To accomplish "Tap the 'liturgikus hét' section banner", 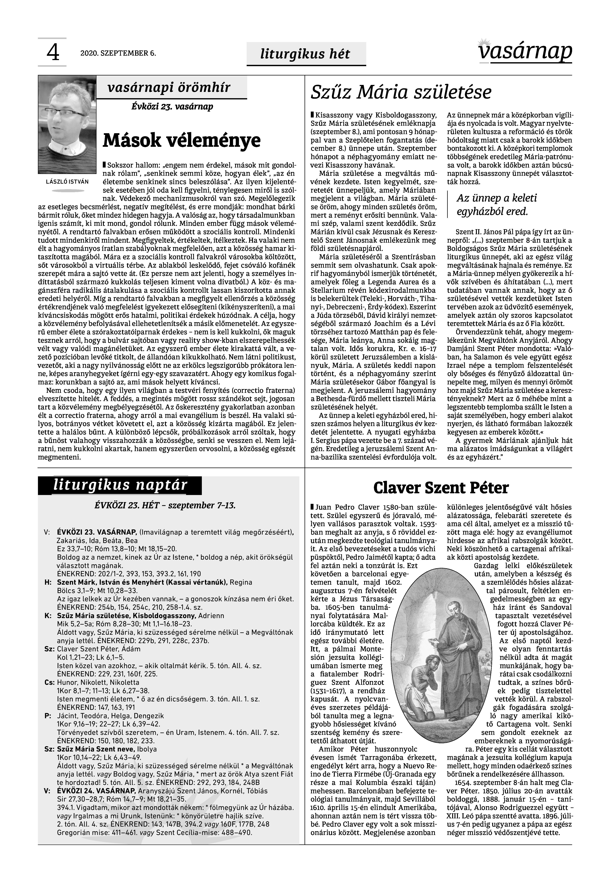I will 305,54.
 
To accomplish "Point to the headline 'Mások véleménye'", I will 182,140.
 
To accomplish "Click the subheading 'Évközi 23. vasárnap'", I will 172,107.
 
